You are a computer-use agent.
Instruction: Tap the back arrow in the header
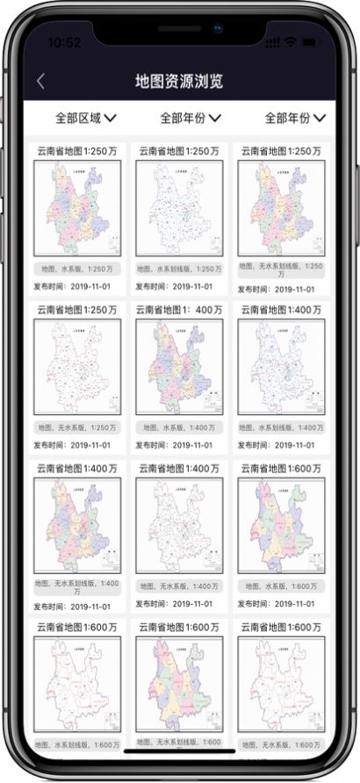coord(40,82)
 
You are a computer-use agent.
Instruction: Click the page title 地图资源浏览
coord(179,82)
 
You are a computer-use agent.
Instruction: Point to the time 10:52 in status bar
coord(63,42)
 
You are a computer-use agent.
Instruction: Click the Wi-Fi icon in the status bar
coord(290,42)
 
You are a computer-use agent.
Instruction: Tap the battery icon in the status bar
coord(311,42)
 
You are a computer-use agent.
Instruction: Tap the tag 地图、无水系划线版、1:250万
coord(281,269)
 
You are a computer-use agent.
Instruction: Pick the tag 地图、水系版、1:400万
coord(180,427)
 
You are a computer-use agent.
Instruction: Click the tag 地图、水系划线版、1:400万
coord(281,427)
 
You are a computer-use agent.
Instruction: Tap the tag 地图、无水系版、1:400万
coord(180,585)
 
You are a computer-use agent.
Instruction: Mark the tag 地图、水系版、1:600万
coord(281,585)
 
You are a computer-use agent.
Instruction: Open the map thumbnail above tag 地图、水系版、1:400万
coord(179,367)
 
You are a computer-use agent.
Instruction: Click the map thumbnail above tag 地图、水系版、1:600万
coord(281,525)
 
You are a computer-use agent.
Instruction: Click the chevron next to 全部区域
coord(111,117)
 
